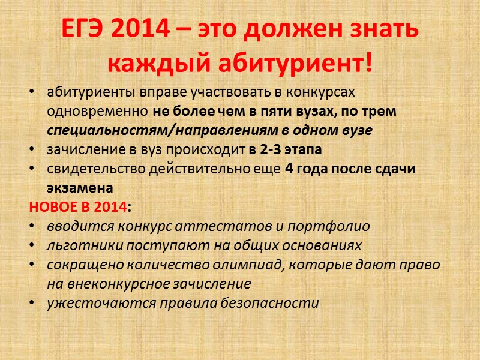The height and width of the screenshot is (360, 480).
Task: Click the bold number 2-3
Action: (265, 150)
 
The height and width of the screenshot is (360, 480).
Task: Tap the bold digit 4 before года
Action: (289, 169)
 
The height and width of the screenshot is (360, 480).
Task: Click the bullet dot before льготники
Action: (31, 245)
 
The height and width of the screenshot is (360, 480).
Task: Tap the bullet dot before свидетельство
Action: (31, 169)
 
